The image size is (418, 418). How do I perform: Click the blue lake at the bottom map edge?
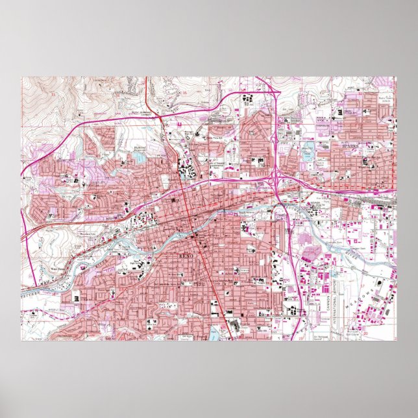click(215, 336)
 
